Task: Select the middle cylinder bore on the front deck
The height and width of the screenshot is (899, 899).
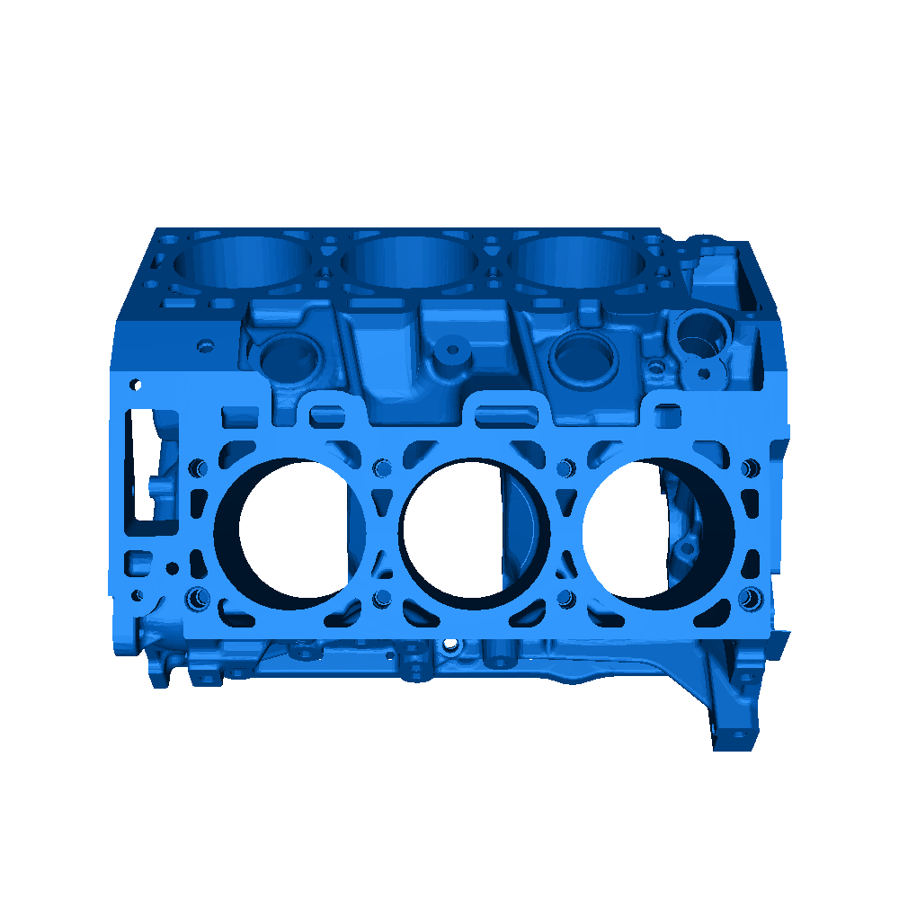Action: (474, 530)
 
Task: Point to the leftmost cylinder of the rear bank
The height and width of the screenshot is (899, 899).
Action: (243, 261)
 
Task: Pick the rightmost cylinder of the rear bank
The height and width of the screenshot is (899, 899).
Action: (576, 261)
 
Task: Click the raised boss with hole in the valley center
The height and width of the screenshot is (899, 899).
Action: (452, 349)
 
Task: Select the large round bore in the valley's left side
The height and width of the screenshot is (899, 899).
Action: (289, 357)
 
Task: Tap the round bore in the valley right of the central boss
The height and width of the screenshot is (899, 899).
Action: (584, 358)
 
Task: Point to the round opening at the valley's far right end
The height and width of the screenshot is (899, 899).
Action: (698, 333)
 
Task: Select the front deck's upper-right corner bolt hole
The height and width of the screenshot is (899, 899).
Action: (751, 467)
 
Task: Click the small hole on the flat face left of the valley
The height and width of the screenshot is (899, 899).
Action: (206, 345)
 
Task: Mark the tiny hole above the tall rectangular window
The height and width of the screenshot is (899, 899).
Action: (136, 384)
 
